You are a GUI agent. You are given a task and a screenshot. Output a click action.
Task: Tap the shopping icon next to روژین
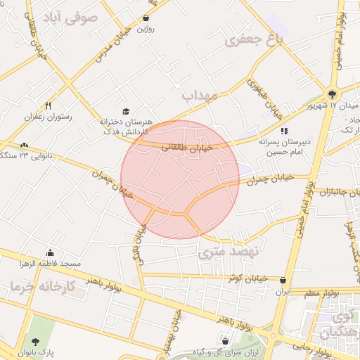click(146, 18)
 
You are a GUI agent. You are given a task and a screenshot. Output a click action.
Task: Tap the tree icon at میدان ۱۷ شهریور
click(332, 94)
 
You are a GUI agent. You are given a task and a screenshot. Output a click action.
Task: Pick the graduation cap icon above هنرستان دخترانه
click(126, 111)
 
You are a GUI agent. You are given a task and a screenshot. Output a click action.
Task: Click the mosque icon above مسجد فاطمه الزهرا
click(50, 253)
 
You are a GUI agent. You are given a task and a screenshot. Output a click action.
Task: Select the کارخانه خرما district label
click(34, 287)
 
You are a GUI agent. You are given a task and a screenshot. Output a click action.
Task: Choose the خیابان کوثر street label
click(247, 278)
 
